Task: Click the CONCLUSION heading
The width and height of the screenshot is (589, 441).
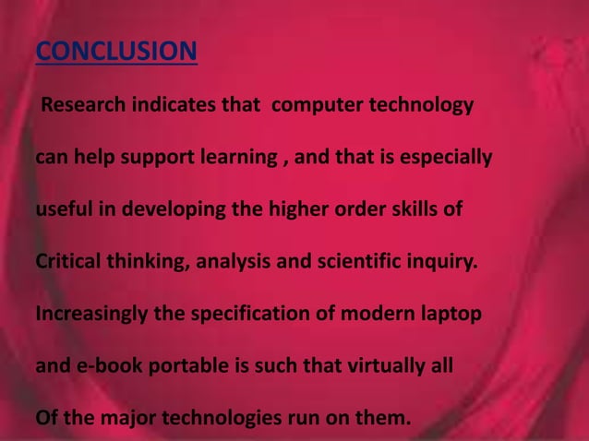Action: pyautogui.click(x=116, y=50)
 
